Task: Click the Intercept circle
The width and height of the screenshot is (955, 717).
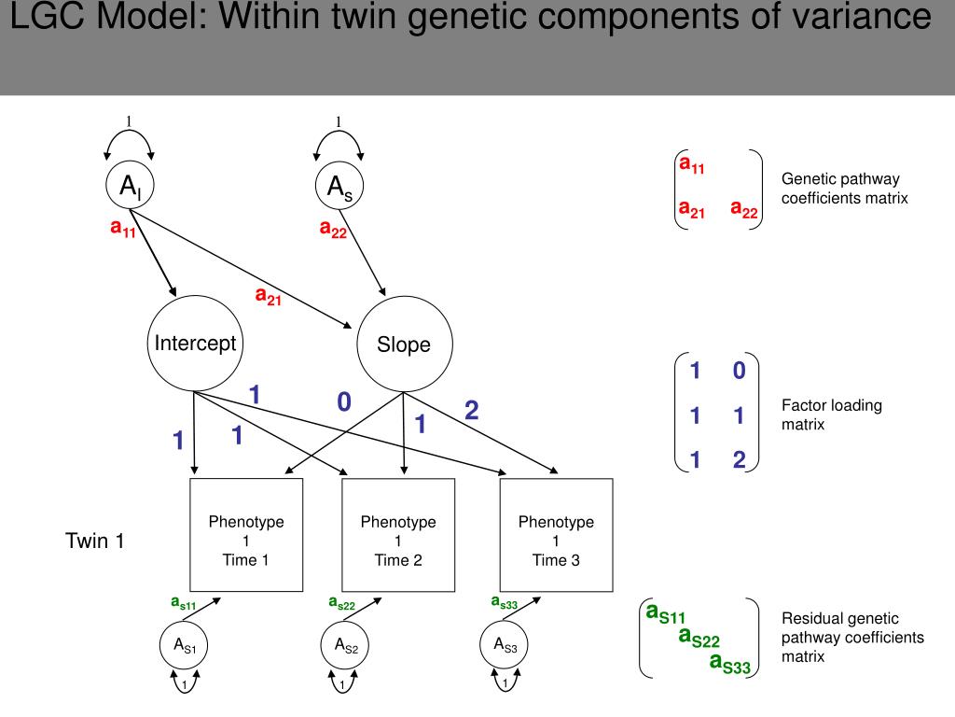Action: click(x=195, y=344)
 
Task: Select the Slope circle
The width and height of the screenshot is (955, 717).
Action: click(x=404, y=344)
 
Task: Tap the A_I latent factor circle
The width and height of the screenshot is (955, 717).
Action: click(x=130, y=187)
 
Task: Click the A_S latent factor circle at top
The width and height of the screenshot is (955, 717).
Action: click(x=339, y=187)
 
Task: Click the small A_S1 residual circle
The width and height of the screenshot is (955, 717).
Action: click(x=184, y=644)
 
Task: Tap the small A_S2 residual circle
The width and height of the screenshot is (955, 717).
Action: click(x=342, y=644)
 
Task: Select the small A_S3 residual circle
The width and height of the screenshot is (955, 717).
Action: click(x=505, y=644)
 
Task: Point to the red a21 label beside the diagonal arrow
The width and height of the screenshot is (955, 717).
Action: click(x=269, y=296)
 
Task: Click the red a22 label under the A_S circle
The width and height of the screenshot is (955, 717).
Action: click(x=333, y=229)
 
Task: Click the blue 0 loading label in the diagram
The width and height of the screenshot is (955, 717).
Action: click(x=344, y=402)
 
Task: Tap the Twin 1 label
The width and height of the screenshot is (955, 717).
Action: click(x=95, y=541)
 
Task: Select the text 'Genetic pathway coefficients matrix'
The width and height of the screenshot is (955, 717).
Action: click(x=844, y=189)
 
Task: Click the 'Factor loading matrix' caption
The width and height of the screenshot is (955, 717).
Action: click(x=831, y=415)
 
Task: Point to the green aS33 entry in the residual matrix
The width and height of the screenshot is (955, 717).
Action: click(x=729, y=664)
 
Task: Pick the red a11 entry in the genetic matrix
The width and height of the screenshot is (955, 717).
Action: click(x=692, y=166)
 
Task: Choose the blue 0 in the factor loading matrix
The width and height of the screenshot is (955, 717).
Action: click(x=739, y=372)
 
